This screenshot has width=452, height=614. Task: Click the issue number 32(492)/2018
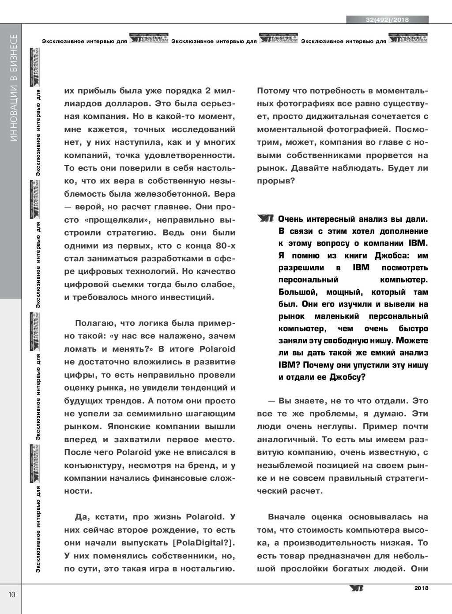pos(387,20)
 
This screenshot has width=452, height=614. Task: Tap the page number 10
pos(11,594)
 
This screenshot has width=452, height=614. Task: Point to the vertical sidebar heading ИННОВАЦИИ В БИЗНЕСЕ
pos(14,88)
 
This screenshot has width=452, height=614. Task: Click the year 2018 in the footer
pos(421,588)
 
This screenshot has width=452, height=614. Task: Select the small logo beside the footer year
pos(356,588)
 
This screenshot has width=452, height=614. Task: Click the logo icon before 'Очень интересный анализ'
pos(266,219)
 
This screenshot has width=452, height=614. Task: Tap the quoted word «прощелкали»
pos(116,220)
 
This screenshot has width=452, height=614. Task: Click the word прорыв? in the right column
pos(276,181)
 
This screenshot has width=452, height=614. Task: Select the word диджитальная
pos(336,117)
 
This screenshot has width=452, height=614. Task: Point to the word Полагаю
pos(93,323)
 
